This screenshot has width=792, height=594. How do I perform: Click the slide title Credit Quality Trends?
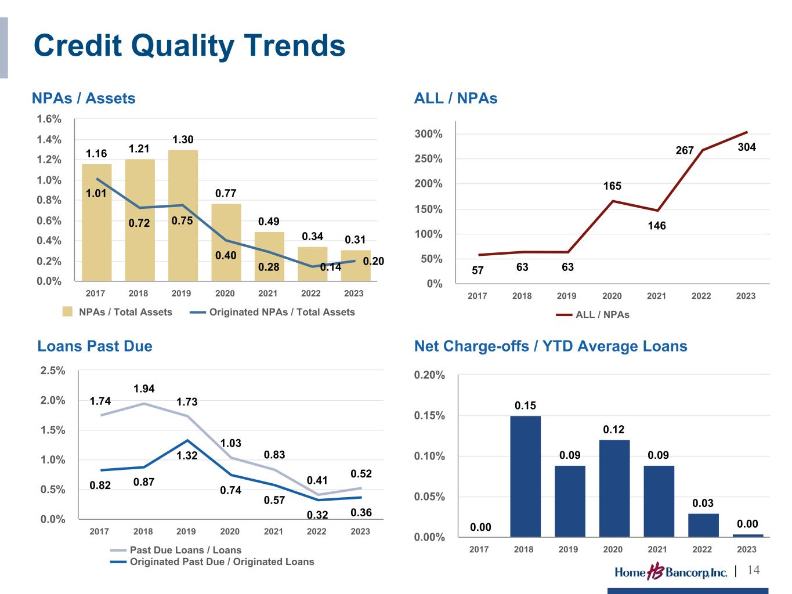click(189, 46)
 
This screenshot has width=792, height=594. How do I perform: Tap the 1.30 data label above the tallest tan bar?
click(183, 140)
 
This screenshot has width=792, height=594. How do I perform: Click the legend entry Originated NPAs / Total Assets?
click(273, 312)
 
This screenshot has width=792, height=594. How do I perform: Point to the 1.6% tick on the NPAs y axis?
click(49, 119)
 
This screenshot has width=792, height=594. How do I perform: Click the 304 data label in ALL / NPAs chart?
click(747, 147)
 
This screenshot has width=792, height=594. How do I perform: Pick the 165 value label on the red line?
click(612, 186)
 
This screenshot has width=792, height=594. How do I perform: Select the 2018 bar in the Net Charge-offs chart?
click(525, 476)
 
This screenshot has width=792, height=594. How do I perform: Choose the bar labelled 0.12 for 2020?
click(614, 488)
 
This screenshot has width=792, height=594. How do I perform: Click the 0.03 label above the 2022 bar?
click(703, 503)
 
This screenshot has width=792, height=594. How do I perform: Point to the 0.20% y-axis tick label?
click(430, 375)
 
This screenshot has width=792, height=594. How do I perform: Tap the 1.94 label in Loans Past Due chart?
click(144, 389)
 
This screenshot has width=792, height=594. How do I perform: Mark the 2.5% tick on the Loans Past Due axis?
click(53, 371)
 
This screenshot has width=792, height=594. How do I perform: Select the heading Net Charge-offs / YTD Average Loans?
click(551, 346)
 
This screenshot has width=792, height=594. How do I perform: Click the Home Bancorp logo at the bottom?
click(671, 572)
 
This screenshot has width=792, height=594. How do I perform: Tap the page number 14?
click(754, 570)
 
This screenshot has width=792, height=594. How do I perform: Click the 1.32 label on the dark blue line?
click(187, 456)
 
